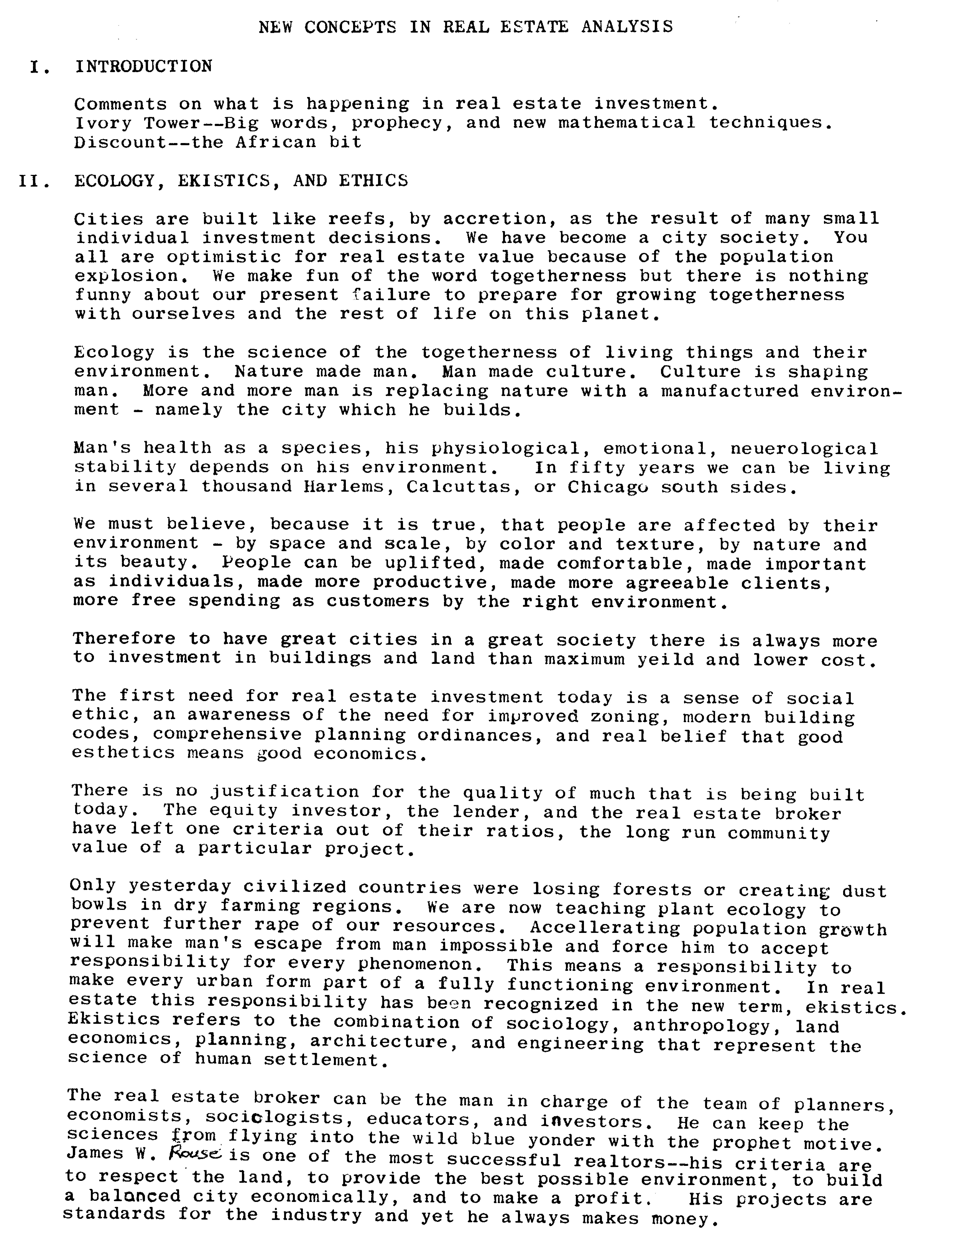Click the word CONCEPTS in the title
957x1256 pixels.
pyautogui.click(x=350, y=27)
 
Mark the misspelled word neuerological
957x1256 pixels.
pyautogui.click(x=804, y=449)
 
